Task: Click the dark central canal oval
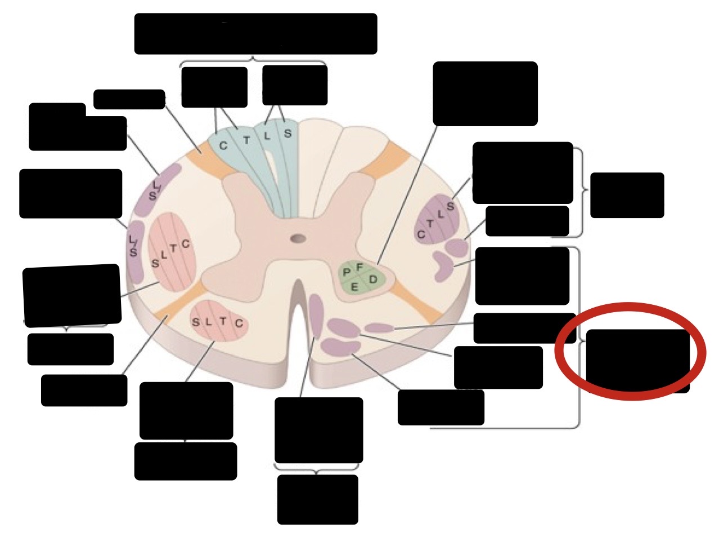(298, 238)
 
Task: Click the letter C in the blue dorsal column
(223, 146)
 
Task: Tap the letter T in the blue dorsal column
(246, 140)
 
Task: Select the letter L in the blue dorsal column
(267, 136)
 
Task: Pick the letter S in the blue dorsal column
(287, 134)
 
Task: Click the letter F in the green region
(359, 267)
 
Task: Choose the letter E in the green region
(354, 288)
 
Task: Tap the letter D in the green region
(373, 279)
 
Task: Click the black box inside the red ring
(637, 360)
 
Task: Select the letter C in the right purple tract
(421, 234)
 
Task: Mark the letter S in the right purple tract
(450, 207)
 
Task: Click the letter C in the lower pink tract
(239, 323)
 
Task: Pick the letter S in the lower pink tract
(196, 323)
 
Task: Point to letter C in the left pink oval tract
(185, 244)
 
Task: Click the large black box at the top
(255, 34)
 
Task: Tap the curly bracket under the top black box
(253, 60)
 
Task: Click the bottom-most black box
(317, 499)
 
